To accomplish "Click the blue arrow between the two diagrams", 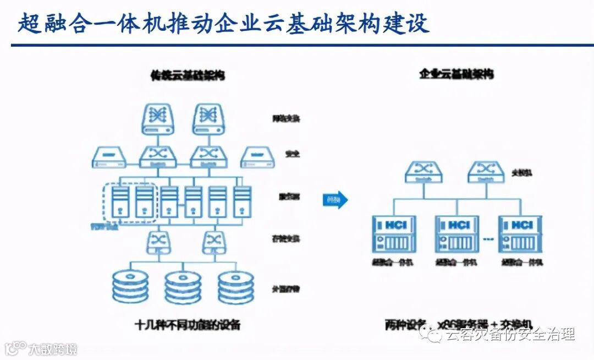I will [x=335, y=199].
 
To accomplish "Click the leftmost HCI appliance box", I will [x=394, y=234].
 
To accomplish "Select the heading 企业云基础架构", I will [x=456, y=73].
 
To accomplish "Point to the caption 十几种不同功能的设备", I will [x=188, y=324].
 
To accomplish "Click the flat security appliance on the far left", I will [x=108, y=157].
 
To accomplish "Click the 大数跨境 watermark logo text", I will [x=52, y=349].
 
